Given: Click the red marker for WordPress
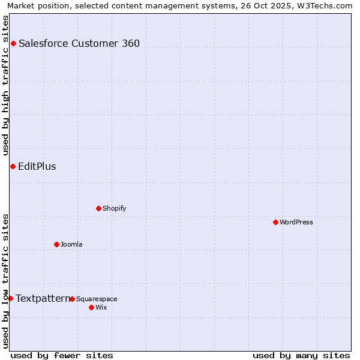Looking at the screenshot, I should click(x=275, y=222).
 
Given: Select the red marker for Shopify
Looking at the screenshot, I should click(x=98, y=208).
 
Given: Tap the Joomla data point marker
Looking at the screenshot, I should click(x=56, y=244).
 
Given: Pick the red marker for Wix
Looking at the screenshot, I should click(x=91, y=307).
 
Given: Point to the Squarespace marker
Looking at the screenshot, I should click(x=72, y=299).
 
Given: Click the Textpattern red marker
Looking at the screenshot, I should click(x=10, y=298).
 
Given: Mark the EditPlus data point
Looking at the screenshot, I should click(x=13, y=166).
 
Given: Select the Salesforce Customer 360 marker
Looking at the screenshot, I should click(x=13, y=43).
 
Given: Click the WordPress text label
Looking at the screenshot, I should click(x=296, y=222).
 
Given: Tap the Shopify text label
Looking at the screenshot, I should click(x=114, y=208).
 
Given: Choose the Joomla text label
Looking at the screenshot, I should click(x=71, y=244).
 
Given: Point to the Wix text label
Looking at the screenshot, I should click(x=101, y=307).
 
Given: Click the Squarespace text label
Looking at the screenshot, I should click(x=97, y=299).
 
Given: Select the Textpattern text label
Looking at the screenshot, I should click(x=43, y=298).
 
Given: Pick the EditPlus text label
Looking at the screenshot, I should click(x=37, y=166).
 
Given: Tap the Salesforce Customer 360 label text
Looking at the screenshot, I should click(x=79, y=43).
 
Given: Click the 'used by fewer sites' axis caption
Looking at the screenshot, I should click(x=62, y=355).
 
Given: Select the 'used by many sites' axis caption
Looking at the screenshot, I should click(x=301, y=355).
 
